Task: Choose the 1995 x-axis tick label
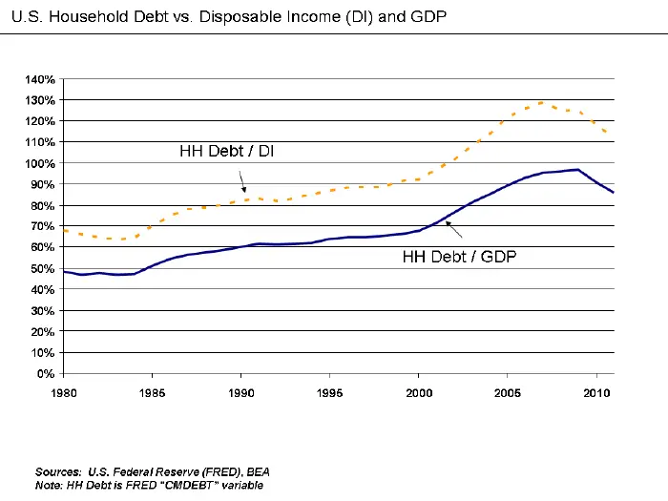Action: point(330,392)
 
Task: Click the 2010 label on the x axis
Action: point(596,392)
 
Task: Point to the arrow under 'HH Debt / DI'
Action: point(242,181)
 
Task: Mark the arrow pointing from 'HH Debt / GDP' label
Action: point(454,228)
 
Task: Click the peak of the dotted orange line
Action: point(542,102)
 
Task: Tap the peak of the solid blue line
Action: point(576,170)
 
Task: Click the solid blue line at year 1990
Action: point(240,246)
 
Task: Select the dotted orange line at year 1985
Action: point(152,226)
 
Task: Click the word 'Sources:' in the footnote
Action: point(58,472)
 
